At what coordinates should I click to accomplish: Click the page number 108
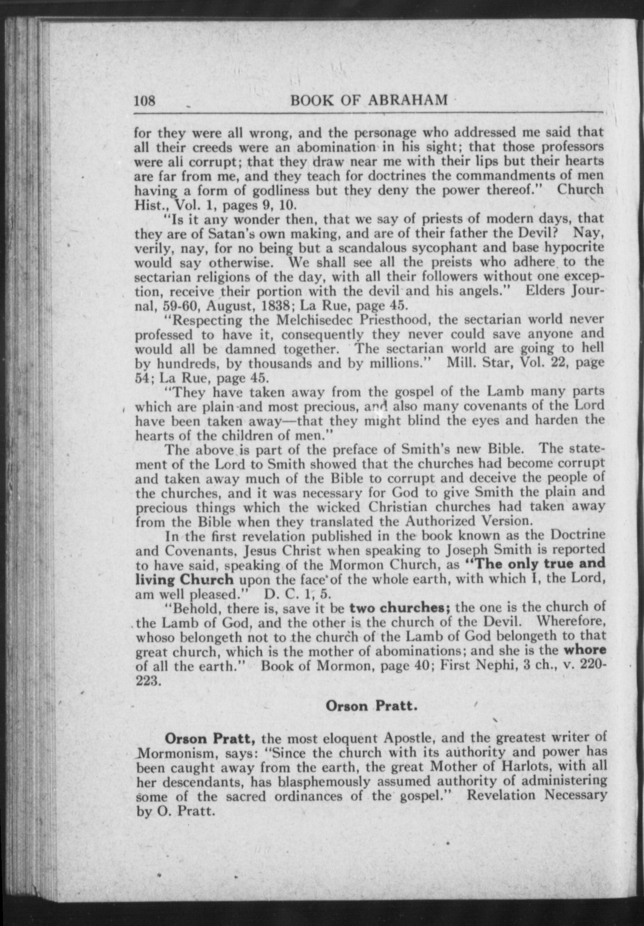144,101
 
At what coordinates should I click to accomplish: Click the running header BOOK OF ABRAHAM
369,100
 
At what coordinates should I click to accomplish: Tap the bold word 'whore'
585,650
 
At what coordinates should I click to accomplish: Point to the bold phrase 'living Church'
184,580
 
